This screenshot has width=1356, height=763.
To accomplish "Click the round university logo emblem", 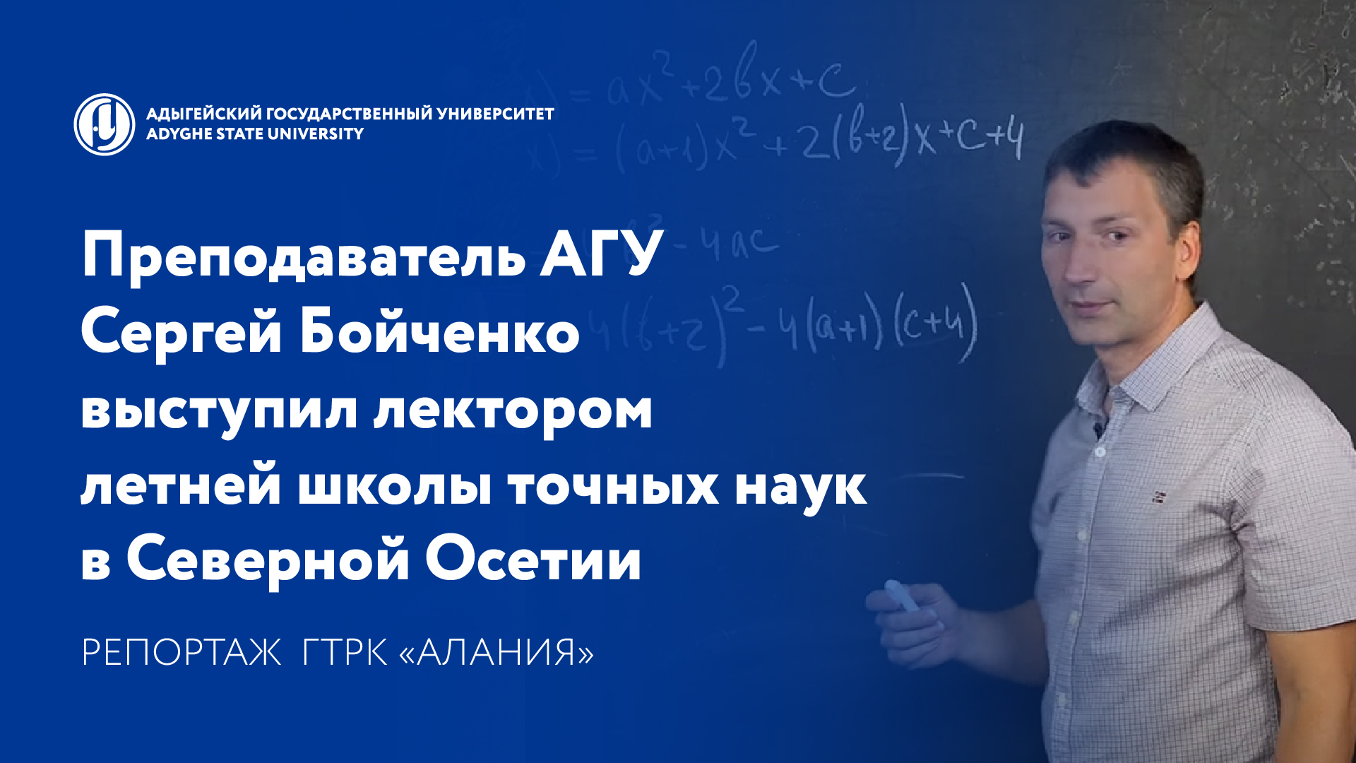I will [105, 124].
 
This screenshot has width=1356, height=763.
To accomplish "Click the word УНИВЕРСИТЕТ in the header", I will [495, 114].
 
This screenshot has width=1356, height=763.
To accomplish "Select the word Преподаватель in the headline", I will [304, 256].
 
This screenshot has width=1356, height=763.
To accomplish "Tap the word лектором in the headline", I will [513, 411].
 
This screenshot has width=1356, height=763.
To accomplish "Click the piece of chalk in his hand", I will [901, 596].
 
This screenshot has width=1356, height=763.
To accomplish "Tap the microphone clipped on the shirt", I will [1099, 427].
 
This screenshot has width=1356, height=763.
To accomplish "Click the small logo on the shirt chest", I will [1160, 497].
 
